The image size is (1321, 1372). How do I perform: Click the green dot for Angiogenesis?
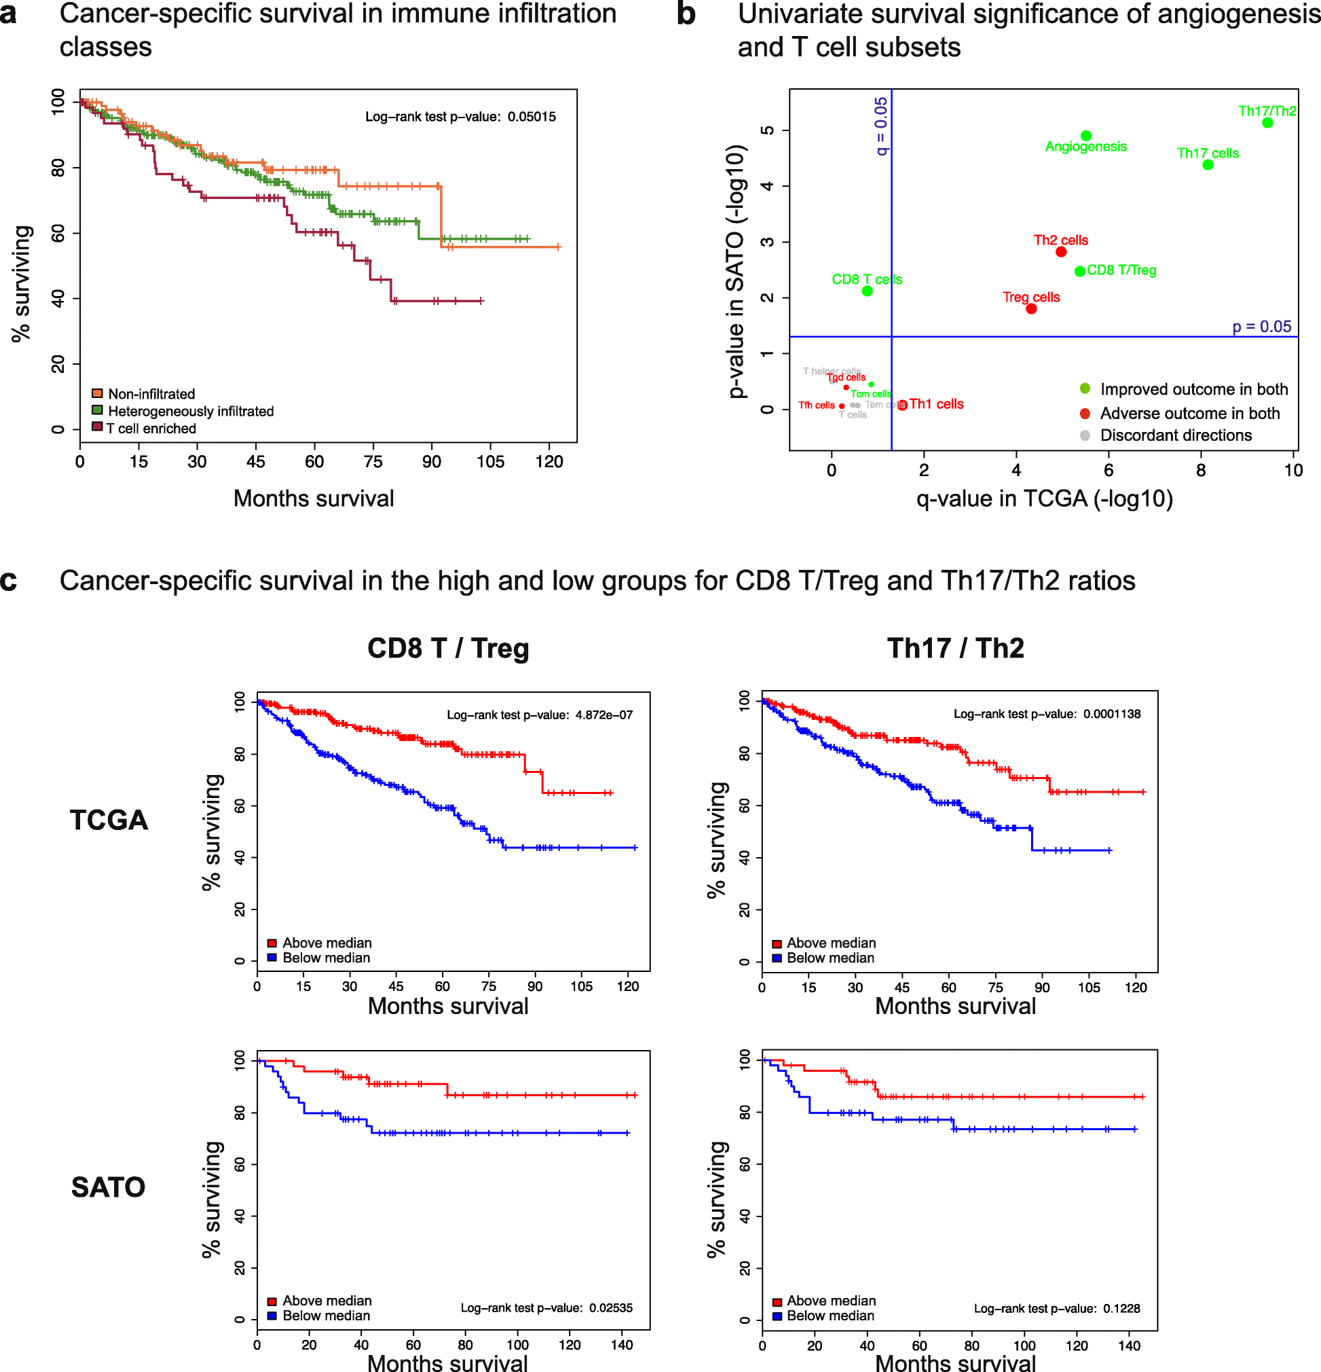click(x=1085, y=136)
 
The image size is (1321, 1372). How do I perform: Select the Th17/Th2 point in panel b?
click(x=1267, y=123)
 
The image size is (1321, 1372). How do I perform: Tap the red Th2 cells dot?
click(x=1061, y=252)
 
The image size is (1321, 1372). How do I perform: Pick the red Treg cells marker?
click(x=1031, y=308)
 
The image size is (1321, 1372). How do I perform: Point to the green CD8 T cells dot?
click(x=867, y=291)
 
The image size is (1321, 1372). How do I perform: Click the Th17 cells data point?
click(x=1208, y=165)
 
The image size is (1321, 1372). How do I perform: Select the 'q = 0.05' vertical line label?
click(x=881, y=126)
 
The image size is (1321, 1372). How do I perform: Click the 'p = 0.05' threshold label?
click(x=1261, y=327)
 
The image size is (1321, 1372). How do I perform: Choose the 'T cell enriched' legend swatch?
click(x=97, y=427)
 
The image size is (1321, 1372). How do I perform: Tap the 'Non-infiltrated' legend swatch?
click(x=97, y=393)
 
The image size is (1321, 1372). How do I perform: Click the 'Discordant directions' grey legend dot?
click(x=1085, y=435)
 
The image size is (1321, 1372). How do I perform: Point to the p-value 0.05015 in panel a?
click(x=532, y=117)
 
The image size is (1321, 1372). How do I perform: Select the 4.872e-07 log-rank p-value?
click(x=604, y=715)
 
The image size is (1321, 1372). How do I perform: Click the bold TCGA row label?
click(x=109, y=820)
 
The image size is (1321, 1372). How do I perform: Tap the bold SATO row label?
click(x=109, y=1187)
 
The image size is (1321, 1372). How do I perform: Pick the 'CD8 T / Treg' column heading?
click(x=448, y=648)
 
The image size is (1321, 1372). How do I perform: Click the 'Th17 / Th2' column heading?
click(x=955, y=648)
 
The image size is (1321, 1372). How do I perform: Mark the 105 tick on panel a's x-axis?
click(x=490, y=462)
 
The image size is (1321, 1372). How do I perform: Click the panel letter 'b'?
click(x=686, y=14)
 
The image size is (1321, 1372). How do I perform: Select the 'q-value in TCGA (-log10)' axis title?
click(x=1044, y=499)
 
